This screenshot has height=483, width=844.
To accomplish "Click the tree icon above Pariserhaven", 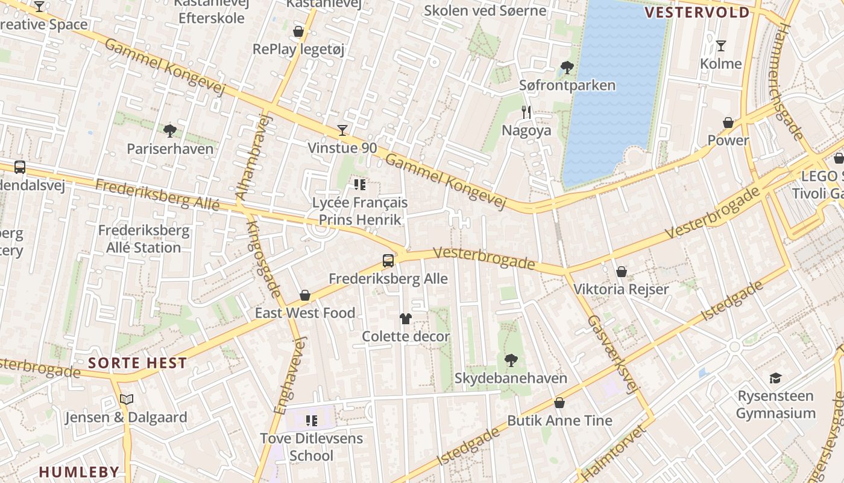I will coord(170,130).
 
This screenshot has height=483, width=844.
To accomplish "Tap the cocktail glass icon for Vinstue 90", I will coord(342,130).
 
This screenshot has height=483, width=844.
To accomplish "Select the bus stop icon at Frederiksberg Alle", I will coord(388,261).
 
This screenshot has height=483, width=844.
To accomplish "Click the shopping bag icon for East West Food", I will coord(305,295).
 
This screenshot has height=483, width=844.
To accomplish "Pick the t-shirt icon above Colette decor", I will coord(405,318).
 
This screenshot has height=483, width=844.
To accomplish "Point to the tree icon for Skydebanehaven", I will coord(511,360).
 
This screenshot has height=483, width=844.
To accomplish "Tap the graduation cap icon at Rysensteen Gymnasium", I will coord(775,379).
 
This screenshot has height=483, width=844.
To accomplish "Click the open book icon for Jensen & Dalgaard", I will coord(126,399).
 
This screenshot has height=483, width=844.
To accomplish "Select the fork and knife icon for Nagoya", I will coord(526,112).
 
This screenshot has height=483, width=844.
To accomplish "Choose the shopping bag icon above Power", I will coord(728,123).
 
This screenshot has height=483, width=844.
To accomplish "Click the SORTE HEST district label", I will coord(137,363).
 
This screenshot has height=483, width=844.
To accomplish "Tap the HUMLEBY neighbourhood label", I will coord(79,472).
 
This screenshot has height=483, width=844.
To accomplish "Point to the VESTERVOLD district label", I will coord(698,13).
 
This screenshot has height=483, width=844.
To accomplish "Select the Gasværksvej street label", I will coord(612,355).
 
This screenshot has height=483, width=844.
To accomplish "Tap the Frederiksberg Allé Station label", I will coord(143,239).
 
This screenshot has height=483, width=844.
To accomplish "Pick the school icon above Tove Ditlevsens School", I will coord(311,420).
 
